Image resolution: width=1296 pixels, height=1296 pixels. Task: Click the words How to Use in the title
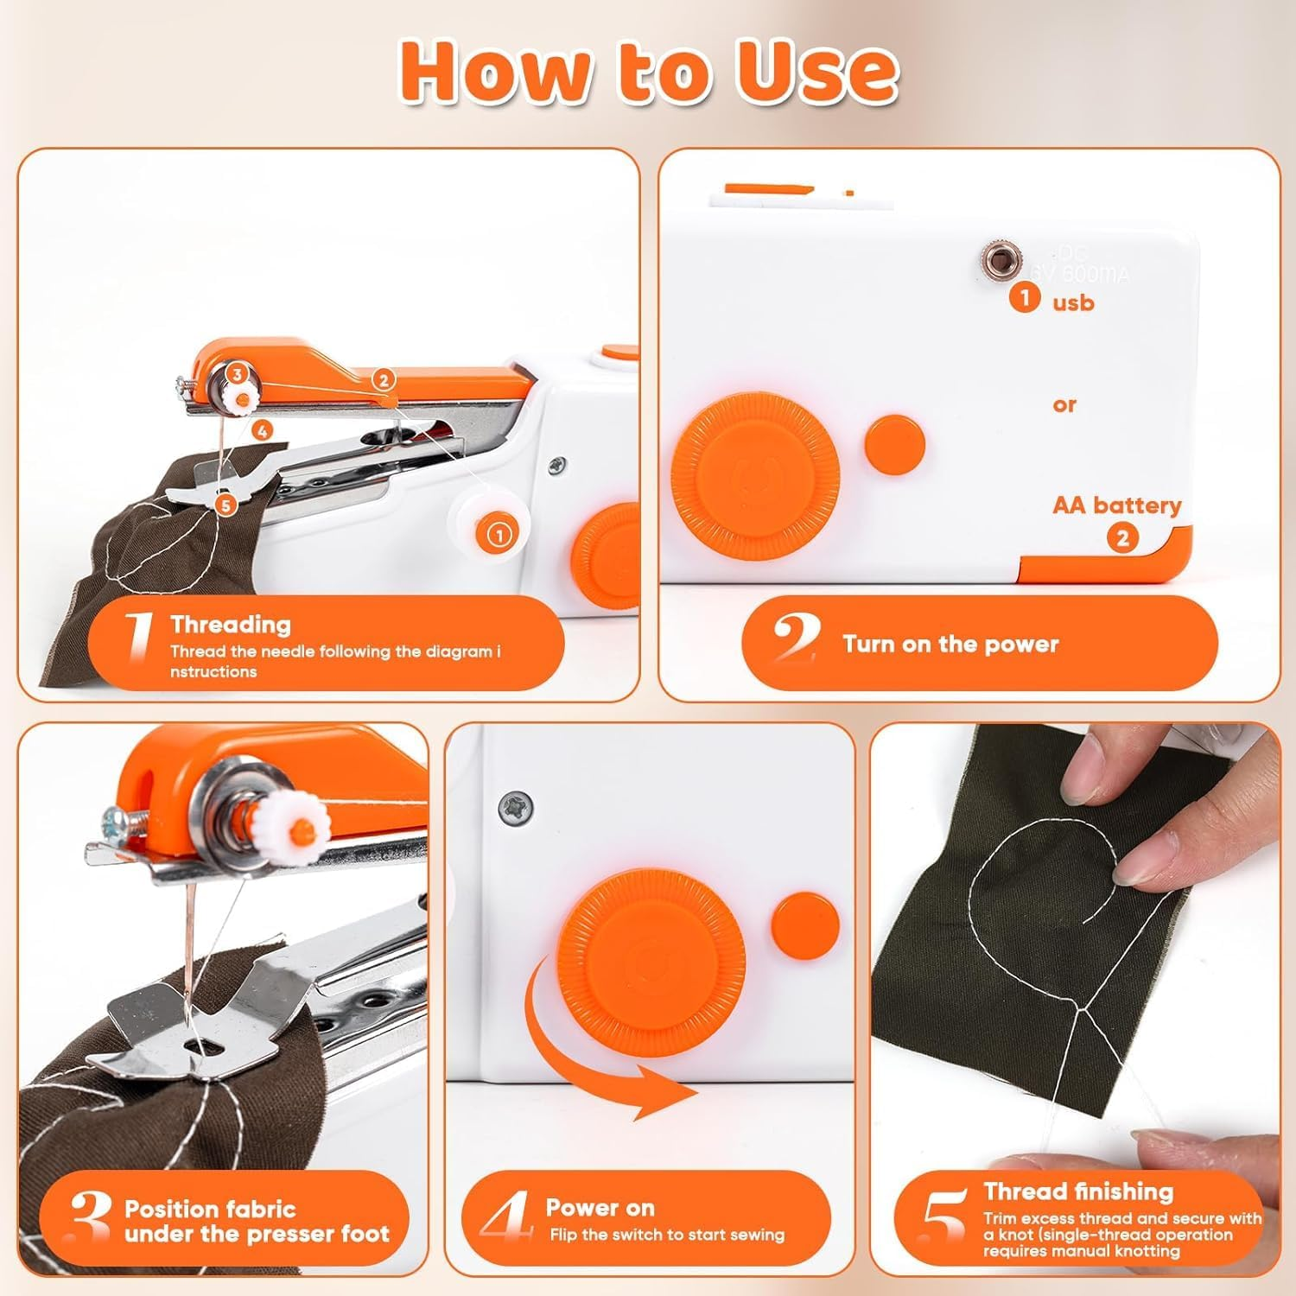coord(648,71)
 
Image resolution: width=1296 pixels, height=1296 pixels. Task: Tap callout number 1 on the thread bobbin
coord(499,535)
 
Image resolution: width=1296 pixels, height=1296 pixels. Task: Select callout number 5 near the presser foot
coord(226,505)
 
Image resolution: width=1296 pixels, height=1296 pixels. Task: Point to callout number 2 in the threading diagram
coord(383,378)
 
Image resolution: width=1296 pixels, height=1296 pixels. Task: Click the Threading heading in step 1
coord(231,624)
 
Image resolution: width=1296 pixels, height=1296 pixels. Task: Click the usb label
coord(1073,302)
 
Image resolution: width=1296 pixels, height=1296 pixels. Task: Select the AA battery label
coord(1116,505)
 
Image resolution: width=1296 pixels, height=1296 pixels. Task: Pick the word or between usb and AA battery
coord(1064,404)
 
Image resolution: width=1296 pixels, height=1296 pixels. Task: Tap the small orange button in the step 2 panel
coord(894,444)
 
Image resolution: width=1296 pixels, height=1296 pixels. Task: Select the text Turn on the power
coord(950,644)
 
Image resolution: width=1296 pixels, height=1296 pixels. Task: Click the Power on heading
coord(600,1207)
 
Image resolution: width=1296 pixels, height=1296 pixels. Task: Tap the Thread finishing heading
coord(1078,1191)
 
